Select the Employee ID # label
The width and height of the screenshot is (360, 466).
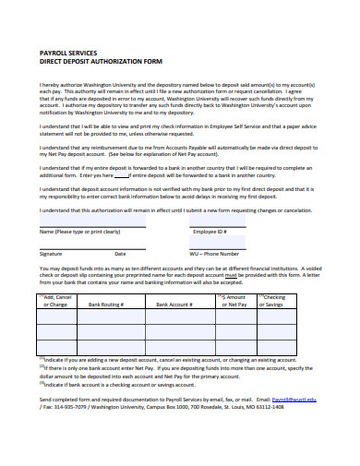click(207, 231)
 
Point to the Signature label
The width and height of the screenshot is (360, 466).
click(51, 252)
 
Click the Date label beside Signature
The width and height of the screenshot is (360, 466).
click(120, 252)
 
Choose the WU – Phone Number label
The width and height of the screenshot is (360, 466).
click(214, 252)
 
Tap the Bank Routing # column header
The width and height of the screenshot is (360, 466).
click(106, 303)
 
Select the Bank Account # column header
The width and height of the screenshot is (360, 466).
click(174, 303)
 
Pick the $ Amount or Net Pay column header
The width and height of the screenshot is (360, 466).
click(236, 300)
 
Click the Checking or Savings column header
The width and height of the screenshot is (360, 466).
click(274, 300)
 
